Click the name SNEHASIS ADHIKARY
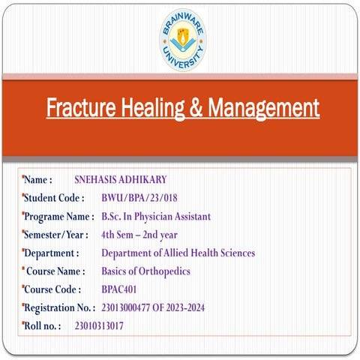[120, 180]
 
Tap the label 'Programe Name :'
[59, 217]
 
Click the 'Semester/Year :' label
[57, 235]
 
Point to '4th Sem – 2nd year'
[139, 235]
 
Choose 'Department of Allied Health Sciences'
[178, 253]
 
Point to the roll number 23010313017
[99, 326]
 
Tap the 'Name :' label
[38, 180]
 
